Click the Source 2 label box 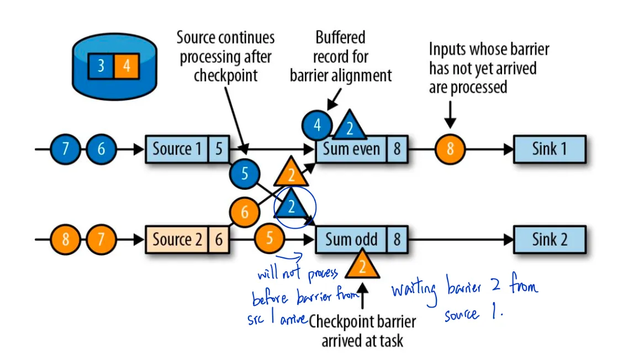177,240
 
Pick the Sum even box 351,149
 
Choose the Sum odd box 351,240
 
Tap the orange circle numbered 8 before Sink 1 450,149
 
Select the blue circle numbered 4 317,125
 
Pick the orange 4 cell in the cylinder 127,66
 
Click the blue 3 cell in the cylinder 101,66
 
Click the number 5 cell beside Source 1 218,149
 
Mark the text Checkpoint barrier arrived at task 362,331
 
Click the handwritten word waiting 414,290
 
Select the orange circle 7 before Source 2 101,240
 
